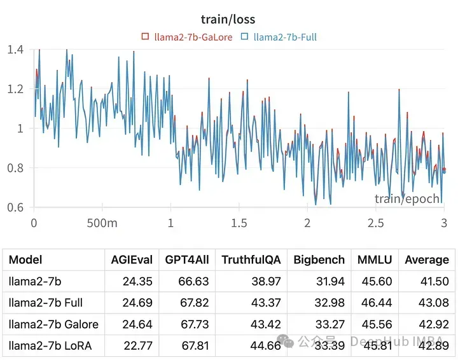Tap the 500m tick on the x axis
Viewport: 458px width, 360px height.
coord(102,223)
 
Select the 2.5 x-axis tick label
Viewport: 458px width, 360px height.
coord(375,223)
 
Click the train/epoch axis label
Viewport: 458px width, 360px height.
coord(407,198)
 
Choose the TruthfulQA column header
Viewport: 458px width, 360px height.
coord(250,260)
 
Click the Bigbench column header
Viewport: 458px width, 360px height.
coord(319,260)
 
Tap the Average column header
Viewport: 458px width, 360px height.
coord(427,260)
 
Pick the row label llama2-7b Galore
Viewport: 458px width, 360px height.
coord(53,324)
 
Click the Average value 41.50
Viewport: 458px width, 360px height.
coord(435,281)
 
